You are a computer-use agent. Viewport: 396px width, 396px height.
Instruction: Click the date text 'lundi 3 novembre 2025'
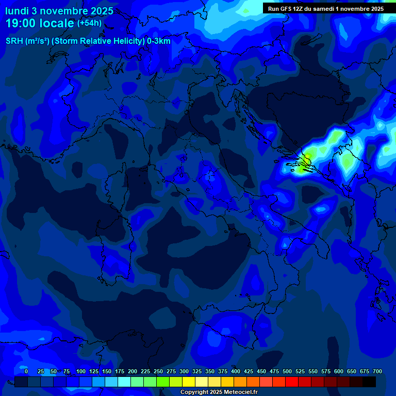tap(59, 11)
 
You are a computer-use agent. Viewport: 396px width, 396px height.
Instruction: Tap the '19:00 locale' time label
tap(40, 23)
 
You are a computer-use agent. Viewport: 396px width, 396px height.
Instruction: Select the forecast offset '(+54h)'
tap(89, 23)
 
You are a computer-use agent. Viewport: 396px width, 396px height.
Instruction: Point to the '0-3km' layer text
tap(158, 41)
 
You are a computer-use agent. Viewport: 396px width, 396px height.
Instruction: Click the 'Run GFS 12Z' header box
tap(325, 8)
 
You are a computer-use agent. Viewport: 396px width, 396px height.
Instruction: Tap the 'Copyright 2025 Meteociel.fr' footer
tap(219, 392)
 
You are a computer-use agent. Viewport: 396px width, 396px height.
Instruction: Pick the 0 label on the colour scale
tap(26, 371)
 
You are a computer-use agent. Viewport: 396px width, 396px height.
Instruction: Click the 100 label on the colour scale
tap(81, 371)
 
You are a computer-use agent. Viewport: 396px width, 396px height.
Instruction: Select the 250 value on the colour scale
tap(158, 371)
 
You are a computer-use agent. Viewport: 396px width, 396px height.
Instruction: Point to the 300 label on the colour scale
tap(184, 371)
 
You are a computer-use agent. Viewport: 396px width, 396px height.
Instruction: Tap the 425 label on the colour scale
tap(249, 371)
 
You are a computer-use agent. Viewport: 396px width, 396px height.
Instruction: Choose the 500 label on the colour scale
tap(287, 371)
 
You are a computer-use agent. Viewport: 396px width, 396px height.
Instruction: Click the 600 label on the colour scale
tap(339, 371)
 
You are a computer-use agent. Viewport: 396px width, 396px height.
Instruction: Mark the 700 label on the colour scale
tap(377, 371)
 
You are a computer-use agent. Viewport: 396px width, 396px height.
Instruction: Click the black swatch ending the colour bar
tap(369, 382)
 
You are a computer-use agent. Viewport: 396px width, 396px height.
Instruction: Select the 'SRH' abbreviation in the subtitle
tap(14, 41)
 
